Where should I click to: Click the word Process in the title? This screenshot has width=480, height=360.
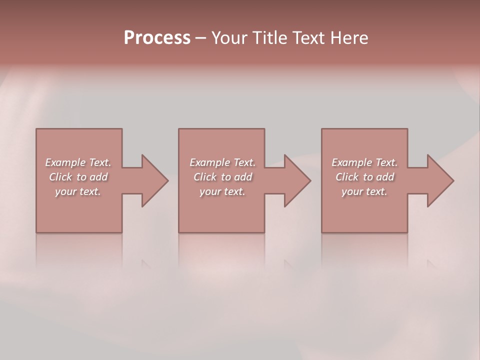click(157, 38)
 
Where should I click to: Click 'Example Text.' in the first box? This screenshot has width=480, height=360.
click(78, 162)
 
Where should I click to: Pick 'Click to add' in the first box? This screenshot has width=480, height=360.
click(78, 177)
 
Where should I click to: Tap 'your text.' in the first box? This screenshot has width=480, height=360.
click(78, 191)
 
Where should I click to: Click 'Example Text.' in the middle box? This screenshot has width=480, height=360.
click(222, 162)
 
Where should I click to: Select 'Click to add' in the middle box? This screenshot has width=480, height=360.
click(222, 177)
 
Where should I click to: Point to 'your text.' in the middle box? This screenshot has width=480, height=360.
click(222, 191)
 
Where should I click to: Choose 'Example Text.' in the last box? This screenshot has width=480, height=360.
click(364, 162)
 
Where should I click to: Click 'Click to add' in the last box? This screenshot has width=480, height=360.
click(364, 177)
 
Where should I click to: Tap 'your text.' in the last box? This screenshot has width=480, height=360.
click(364, 191)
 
